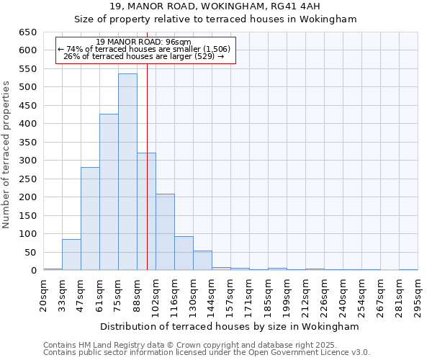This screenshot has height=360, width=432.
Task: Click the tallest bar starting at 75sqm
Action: [127, 173]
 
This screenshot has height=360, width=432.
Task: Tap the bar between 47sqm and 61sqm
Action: [90, 219]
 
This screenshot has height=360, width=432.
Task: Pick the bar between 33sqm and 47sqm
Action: [71, 255]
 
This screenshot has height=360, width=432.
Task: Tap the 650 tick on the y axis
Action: [28, 32]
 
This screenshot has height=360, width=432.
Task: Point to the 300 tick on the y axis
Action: [28, 161]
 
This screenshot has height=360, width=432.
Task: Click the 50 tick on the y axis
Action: [30, 253]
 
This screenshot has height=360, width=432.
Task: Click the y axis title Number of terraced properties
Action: [6, 155]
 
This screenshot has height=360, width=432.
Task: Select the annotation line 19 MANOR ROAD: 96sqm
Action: [144, 42]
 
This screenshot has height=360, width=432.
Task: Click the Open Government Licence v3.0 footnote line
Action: [207, 353]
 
